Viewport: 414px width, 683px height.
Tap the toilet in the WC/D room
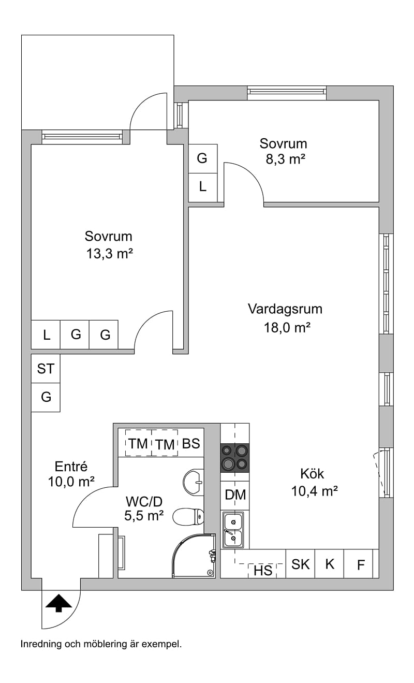(x=188, y=517)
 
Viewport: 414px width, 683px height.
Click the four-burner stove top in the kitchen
(x=234, y=458)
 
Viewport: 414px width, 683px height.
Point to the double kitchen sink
(x=233, y=530)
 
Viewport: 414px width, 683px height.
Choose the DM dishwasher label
(x=235, y=495)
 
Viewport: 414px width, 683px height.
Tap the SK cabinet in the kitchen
(x=300, y=564)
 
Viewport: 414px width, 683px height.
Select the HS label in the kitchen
(x=262, y=570)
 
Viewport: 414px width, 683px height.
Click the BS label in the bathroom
(x=191, y=444)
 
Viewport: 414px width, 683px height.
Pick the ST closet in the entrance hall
(x=46, y=368)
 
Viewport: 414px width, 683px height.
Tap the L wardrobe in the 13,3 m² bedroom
(x=46, y=335)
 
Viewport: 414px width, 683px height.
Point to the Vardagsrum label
(x=285, y=309)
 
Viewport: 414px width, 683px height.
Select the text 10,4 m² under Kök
(x=315, y=491)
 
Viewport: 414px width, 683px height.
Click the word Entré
(x=71, y=467)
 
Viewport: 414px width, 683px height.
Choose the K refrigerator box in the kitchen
(x=330, y=564)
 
